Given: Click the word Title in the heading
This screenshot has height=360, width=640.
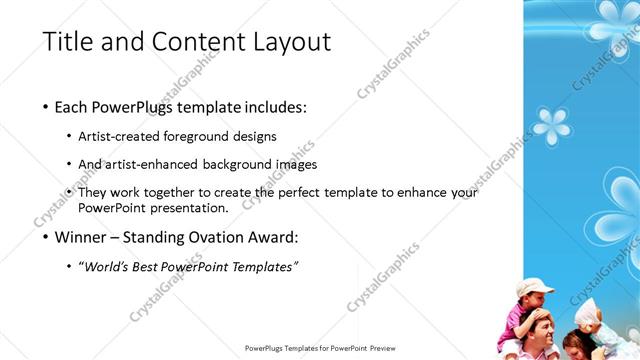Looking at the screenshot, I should [x=68, y=42].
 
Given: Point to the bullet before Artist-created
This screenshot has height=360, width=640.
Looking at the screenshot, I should [x=68, y=136].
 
